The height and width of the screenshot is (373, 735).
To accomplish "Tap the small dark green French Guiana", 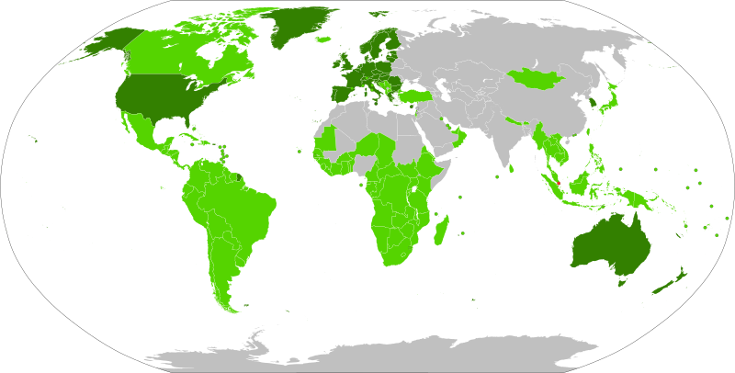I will click(x=237, y=175).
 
